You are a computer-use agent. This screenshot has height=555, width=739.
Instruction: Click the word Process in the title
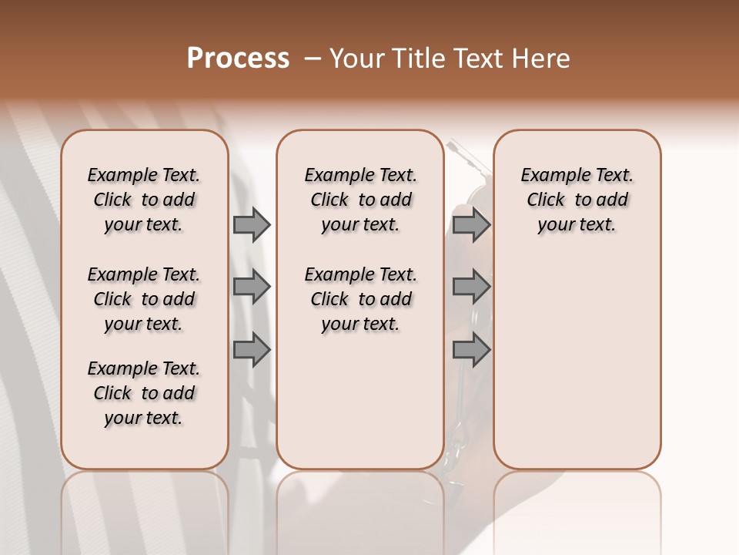point(238,59)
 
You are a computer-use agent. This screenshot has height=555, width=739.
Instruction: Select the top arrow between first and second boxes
point(251,225)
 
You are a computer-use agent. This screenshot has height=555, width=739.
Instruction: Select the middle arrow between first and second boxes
point(251,287)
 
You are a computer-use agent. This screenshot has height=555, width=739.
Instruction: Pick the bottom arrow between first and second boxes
point(251,350)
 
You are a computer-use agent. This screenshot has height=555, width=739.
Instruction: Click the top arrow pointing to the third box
point(471,225)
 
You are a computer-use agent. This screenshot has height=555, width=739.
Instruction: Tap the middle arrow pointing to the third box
point(471,287)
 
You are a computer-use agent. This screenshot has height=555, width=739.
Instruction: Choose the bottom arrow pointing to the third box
point(471,350)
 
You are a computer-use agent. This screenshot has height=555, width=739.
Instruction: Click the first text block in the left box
point(144,200)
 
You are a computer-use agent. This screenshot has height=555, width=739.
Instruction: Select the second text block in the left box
point(144,299)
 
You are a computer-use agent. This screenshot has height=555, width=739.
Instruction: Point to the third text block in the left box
point(144,393)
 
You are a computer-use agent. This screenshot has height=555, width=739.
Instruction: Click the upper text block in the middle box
point(360,200)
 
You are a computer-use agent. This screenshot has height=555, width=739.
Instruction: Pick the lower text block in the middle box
point(360,299)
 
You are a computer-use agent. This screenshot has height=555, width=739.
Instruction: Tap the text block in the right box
point(577,200)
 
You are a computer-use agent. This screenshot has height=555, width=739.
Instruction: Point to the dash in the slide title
point(312,59)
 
